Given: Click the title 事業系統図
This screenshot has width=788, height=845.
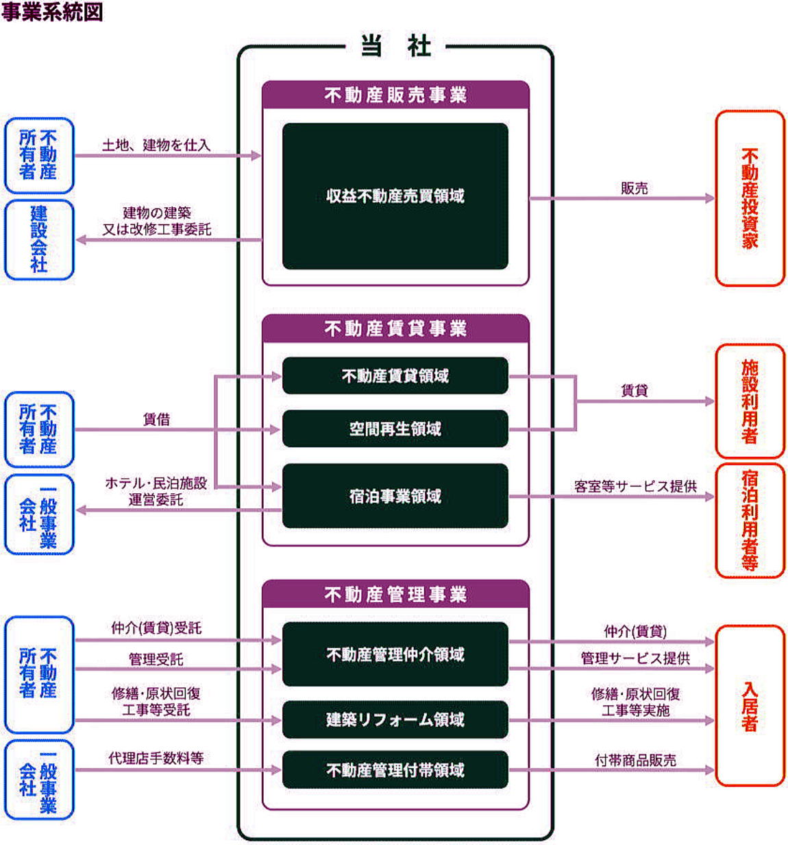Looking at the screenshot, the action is pos(52,12).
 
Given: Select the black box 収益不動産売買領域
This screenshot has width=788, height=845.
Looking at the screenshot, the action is pos(395,196).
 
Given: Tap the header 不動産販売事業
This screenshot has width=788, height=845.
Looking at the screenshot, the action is pos(395,95).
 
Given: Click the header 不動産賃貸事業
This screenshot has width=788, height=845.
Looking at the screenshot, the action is pos(395,329).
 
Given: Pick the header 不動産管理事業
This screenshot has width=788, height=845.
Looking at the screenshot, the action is pos(395,594).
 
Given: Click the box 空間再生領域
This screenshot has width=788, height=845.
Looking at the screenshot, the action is pos(395,429).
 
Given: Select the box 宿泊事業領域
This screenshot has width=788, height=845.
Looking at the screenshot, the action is pos(395,496).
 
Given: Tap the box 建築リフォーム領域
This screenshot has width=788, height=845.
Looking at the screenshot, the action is pos(395,719).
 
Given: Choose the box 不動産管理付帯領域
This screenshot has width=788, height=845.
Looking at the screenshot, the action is pos(395,770).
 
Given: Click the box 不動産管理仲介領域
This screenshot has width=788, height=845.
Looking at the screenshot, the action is pos(395,654).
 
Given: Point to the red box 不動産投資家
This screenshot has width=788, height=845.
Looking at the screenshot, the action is pos(750,198).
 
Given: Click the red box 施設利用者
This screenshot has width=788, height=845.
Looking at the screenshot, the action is pos(750,401).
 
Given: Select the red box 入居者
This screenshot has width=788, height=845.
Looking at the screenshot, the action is pos(750,706).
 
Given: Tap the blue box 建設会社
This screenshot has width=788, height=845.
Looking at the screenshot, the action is pos(39,240).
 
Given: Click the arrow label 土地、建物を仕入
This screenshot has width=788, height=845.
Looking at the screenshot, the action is pos(156,145).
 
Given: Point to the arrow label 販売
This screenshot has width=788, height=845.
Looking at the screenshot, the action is pos(634,188).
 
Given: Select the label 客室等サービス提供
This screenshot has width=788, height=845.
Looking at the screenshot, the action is pos(635,486).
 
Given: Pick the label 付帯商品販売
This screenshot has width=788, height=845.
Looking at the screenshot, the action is pos(635,760).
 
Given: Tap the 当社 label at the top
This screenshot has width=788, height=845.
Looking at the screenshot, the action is pos(395,45).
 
